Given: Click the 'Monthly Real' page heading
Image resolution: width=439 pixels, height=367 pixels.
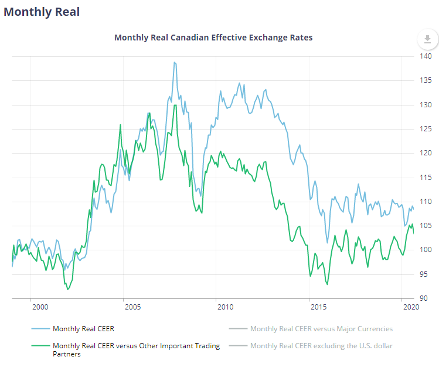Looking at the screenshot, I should click(x=42, y=12).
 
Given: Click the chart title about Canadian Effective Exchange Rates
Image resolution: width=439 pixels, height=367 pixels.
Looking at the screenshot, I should click(x=213, y=38).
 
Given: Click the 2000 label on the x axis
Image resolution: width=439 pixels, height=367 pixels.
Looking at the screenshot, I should click(x=40, y=307).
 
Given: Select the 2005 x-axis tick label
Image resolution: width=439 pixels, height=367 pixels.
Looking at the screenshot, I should click(x=132, y=307).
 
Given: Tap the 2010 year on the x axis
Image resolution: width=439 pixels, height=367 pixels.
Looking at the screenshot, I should click(x=225, y=307).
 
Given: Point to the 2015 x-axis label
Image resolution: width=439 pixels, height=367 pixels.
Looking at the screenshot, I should click(x=318, y=307).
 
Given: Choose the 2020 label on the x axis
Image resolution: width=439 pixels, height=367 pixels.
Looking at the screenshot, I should click(x=410, y=307).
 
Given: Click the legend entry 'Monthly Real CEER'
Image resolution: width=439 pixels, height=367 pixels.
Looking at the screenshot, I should click(x=83, y=329).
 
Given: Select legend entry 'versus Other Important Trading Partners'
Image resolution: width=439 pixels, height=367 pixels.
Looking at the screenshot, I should click(x=136, y=350).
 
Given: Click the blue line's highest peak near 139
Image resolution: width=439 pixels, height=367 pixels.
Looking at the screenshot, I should click(x=175, y=62).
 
